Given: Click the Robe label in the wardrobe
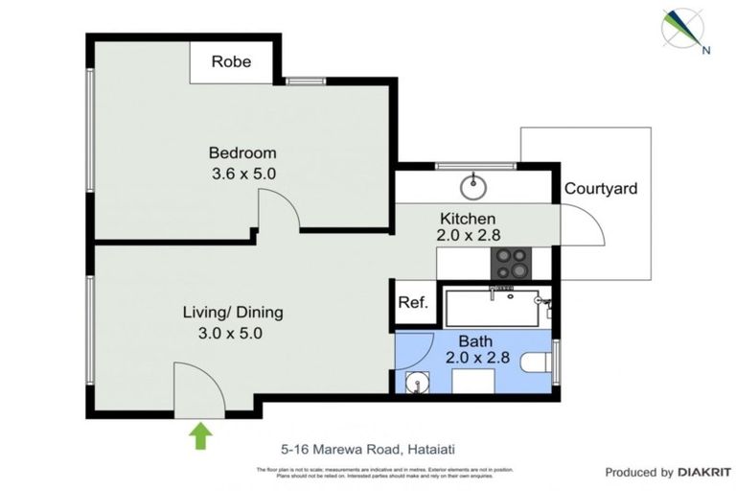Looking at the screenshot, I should coord(231,61).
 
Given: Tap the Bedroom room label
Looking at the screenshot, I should coord(242,152).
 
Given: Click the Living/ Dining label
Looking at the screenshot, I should coord(233,313).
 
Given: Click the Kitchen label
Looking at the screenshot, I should coord(468,218).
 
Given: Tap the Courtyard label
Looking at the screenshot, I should coord(600,189).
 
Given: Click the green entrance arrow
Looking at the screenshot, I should coord(199,436).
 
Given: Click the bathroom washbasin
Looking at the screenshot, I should coord(414,383).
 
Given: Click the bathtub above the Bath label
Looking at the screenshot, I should coord(494,306).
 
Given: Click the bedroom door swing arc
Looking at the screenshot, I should coord(278,206).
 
